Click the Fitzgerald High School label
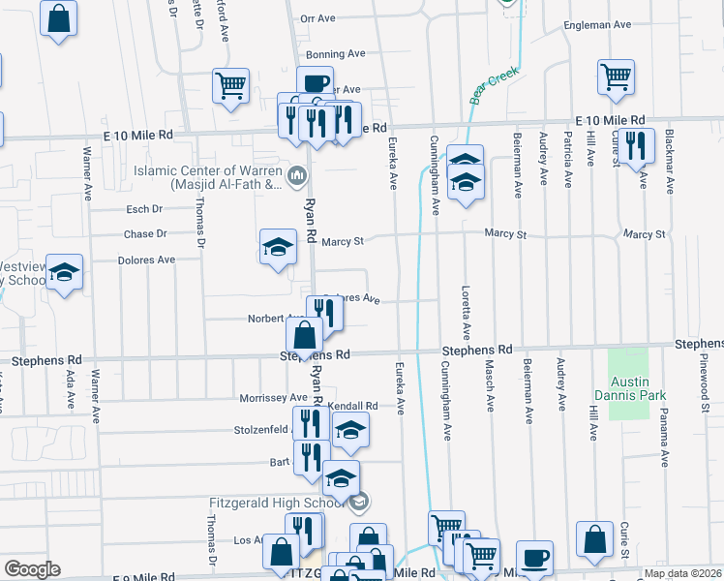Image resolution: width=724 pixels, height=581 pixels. pos(276,503)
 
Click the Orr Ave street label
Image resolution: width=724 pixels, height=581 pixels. pos(317,18)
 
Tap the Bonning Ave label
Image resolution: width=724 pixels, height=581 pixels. pos(335,54)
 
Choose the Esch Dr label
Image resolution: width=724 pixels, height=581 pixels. pos(144,208)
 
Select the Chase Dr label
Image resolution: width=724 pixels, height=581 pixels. pos(145,233)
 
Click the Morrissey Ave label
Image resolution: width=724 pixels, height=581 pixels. pos(274,398)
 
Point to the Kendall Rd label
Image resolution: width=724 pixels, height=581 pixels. pos(351,406)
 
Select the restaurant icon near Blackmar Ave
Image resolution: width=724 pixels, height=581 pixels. pos(635,144)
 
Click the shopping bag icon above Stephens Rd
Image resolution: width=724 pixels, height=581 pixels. pos(304,336)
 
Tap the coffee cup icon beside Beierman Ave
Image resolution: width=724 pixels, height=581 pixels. pos(534,558)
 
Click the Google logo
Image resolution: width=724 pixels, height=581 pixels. pos(32,569)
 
